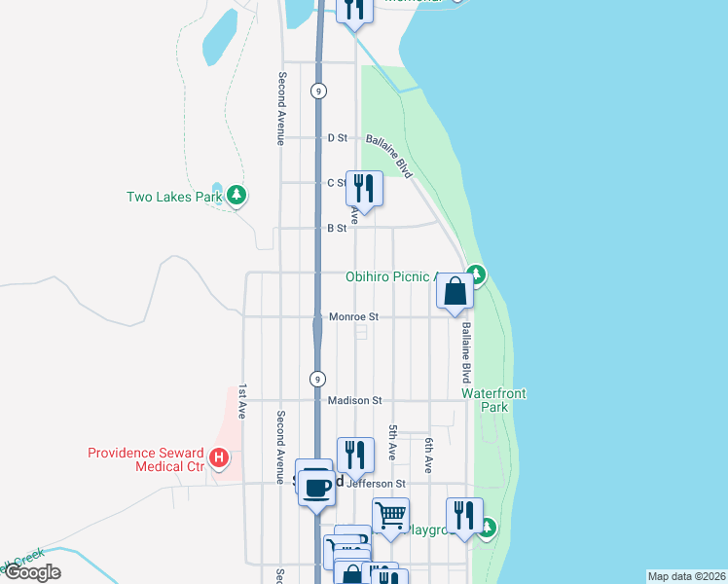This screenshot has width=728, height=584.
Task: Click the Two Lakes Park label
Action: [175, 197]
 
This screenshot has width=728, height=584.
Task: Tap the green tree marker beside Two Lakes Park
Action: [237, 196]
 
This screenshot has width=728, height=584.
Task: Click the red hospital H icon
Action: [221, 456]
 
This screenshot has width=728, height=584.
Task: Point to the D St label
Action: [337, 138]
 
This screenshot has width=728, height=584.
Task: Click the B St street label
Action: [337, 228]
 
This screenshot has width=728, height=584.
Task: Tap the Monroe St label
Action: [353, 316]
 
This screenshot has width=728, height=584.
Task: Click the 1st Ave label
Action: [242, 402]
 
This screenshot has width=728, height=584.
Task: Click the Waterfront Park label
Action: [493, 400]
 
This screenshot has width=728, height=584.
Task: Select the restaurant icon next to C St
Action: [364, 187]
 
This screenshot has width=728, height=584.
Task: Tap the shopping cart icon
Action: [390, 516]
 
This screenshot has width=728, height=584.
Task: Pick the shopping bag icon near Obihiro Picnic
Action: [455, 291]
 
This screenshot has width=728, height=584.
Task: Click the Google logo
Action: [32, 572]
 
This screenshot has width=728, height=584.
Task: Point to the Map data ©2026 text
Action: [686, 576]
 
